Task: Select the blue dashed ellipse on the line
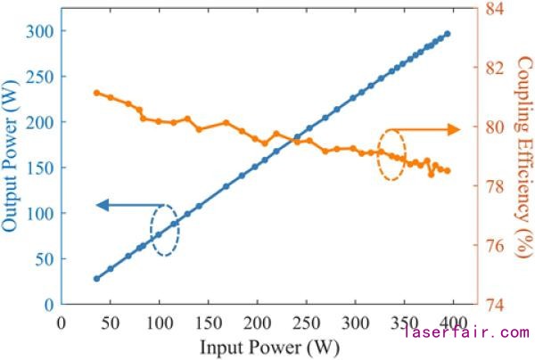click(x=164, y=230)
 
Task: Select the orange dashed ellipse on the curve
click(x=391, y=154)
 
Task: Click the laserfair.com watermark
click(x=465, y=333)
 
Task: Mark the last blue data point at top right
click(x=447, y=34)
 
